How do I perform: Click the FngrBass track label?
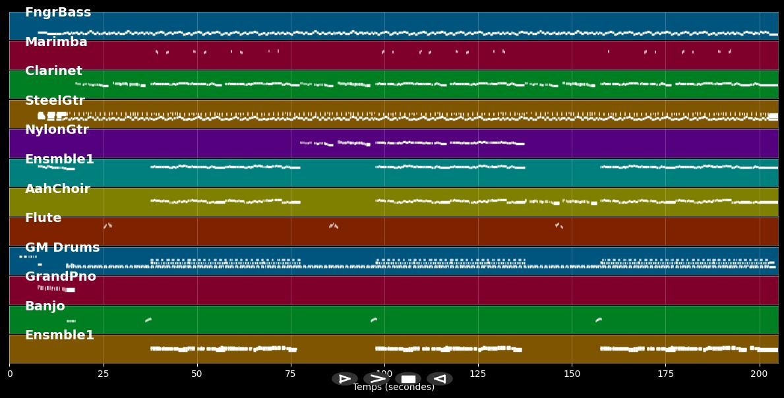coord(58,13)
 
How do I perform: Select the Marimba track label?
coord(56,42)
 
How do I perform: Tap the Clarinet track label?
coord(53,71)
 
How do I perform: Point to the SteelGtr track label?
coord(55,101)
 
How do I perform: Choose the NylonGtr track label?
coord(57,130)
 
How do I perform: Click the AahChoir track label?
coord(57,189)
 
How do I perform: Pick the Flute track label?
coord(43,218)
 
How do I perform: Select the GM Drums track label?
coord(62,248)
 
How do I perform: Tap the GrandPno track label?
coord(60,277)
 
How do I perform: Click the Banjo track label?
coord(45,306)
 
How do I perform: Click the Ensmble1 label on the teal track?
coord(59,159)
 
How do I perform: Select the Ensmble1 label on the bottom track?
coord(59,335)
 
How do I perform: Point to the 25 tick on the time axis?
coord(103,374)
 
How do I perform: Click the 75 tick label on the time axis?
coord(291,374)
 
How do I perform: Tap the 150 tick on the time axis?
coord(572,374)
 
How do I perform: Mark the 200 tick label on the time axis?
coord(760,374)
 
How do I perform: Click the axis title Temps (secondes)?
coord(394,387)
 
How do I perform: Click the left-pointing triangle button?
coord(439,379)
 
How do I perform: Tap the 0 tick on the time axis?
coord(9,374)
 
